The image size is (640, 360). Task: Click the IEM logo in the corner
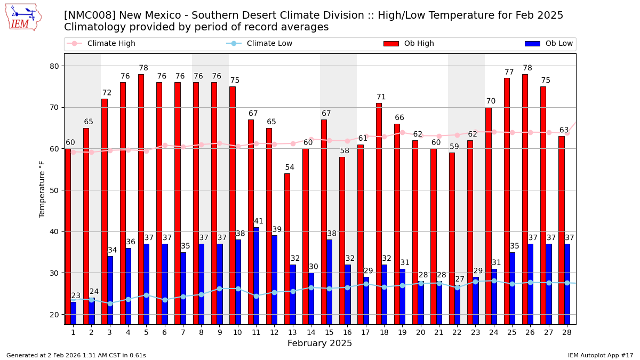click(23, 17)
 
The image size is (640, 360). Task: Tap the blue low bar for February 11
click(256, 276)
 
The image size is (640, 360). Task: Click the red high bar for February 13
click(287, 249)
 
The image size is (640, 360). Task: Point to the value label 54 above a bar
click(290, 167)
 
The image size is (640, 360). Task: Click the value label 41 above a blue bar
click(259, 221)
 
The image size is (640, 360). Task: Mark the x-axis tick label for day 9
click(219, 332)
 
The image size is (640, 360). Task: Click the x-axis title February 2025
click(319, 343)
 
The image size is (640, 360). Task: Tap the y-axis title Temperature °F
click(42, 189)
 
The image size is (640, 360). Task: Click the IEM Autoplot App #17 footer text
click(600, 355)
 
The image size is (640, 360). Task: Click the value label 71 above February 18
click(381, 97)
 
